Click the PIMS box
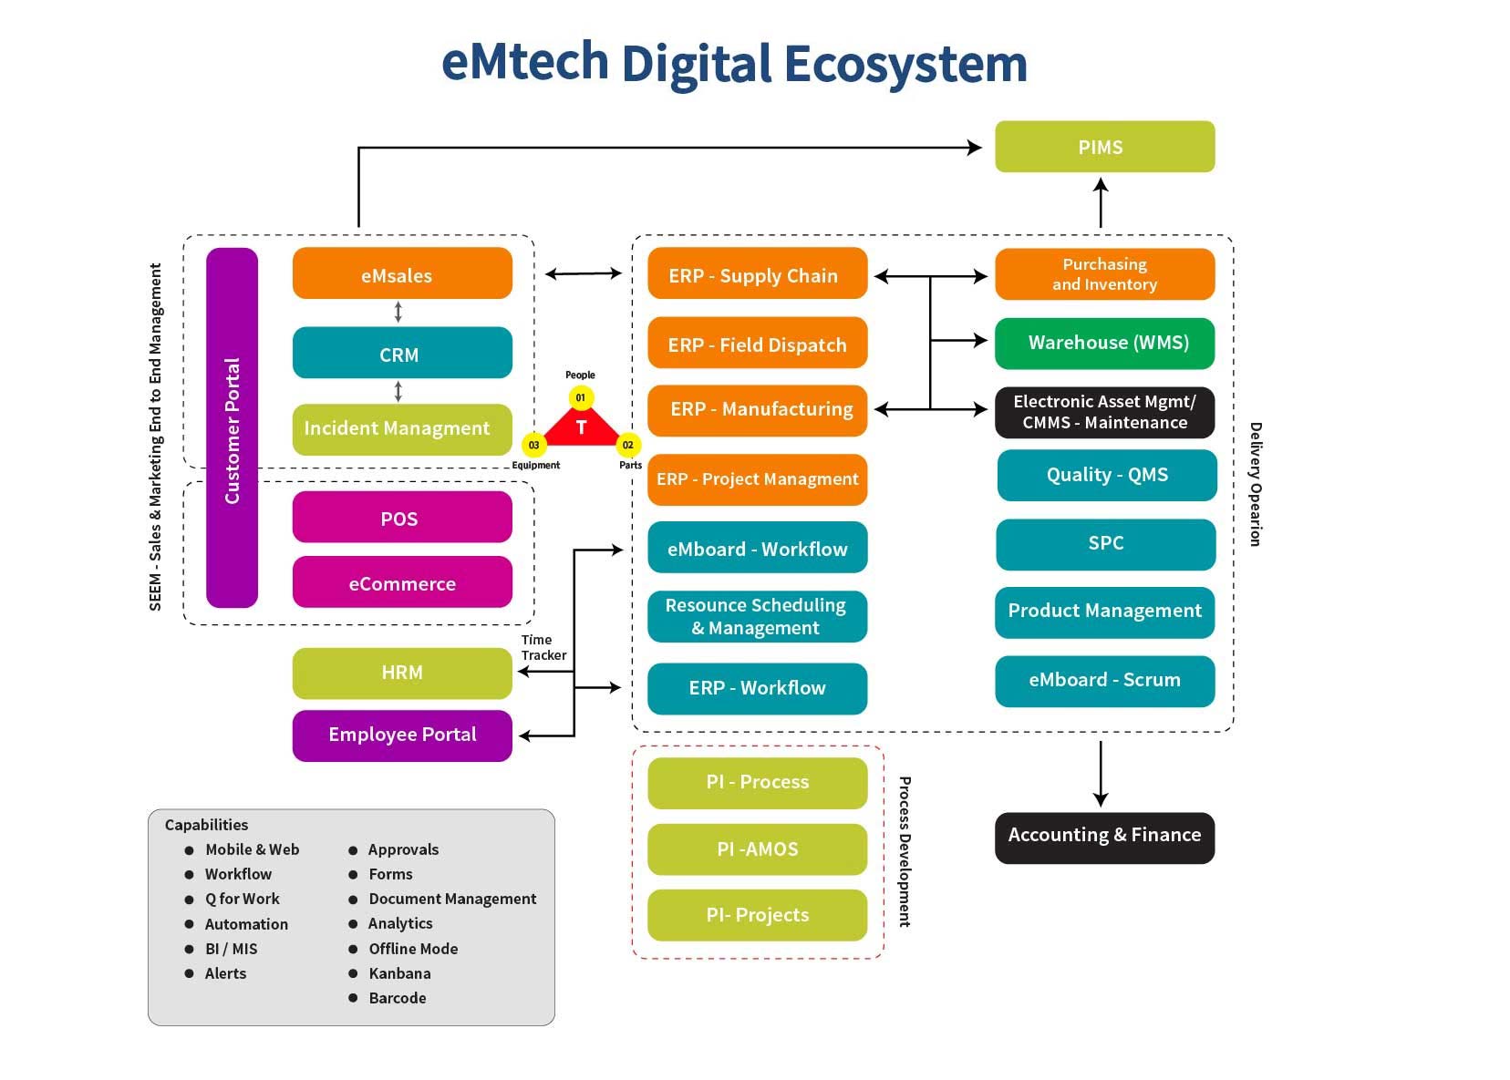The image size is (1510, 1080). click(x=1103, y=147)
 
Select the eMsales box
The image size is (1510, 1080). click(x=402, y=273)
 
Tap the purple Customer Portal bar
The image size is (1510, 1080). click(x=232, y=428)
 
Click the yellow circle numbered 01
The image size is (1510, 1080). click(x=581, y=397)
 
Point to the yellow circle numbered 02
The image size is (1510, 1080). click(x=628, y=445)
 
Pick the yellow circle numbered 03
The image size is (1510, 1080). click(x=533, y=445)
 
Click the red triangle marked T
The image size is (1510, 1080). click(x=582, y=428)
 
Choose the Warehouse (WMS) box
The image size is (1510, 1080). click(x=1104, y=343)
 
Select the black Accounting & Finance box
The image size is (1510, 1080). click(x=1104, y=837)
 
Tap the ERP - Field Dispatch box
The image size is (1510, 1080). click(x=757, y=344)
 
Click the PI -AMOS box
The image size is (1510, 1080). click(x=757, y=849)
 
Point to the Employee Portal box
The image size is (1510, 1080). click(x=402, y=735)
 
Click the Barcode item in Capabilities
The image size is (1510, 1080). click(x=397, y=998)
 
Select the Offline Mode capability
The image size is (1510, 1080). click(x=412, y=949)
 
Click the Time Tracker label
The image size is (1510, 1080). click(x=543, y=647)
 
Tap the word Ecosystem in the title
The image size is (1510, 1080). click(x=905, y=64)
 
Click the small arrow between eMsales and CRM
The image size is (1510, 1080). click(x=398, y=313)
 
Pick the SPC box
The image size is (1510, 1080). click(x=1105, y=544)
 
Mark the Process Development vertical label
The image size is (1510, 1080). click(x=905, y=851)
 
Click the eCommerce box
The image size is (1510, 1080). click(x=402, y=582)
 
